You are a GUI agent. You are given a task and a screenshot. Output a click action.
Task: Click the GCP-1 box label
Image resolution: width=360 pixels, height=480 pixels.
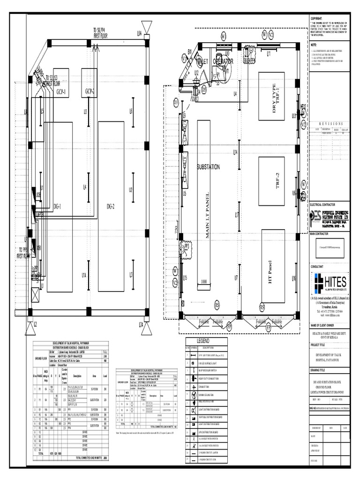pos(61,91)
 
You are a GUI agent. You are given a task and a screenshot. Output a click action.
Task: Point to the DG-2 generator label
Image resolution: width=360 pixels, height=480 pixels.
pos(111,206)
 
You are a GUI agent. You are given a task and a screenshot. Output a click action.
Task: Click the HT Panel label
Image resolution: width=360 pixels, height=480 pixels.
pos(270,272)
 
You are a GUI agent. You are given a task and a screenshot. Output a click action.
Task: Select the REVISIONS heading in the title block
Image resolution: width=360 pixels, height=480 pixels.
pos(331,124)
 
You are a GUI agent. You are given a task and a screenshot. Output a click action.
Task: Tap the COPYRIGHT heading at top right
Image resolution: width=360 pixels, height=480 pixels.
pos(317,18)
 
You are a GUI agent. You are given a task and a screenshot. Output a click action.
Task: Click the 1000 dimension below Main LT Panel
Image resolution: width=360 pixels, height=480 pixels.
pos(204,281)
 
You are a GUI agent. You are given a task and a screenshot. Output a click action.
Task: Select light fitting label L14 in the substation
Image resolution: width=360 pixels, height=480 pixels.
pos(236,152)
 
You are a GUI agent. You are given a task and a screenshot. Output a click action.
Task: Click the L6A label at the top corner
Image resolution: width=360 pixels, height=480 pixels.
pos(139,33)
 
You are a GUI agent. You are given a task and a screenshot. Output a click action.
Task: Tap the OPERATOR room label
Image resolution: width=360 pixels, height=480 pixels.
pos(224,61)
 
